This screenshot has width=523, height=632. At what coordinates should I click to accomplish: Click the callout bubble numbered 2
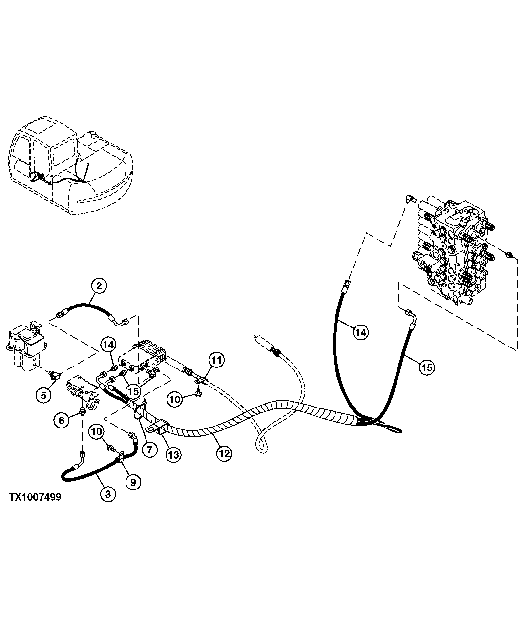pos(99,286)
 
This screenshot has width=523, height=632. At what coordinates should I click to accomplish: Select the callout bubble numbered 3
pos(108,494)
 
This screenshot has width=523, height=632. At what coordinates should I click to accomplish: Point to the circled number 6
pos(61,420)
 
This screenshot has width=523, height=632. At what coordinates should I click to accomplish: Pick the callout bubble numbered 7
pos(149,449)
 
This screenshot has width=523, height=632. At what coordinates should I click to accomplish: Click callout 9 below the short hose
pos(133,481)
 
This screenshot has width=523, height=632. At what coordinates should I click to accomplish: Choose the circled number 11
pos(217,361)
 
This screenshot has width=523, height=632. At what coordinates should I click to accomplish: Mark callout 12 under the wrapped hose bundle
pos(223,453)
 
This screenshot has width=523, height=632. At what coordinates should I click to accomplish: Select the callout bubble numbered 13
pos(174,454)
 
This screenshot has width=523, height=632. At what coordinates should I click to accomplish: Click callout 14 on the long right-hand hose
pos(360,333)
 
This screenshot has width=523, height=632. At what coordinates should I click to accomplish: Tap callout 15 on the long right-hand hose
pos(426,367)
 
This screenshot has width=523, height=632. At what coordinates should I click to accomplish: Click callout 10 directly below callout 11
pos(175,399)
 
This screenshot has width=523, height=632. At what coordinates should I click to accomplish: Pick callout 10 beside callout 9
pos(96,431)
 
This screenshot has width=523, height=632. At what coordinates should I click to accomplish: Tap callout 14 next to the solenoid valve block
pos(108,345)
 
